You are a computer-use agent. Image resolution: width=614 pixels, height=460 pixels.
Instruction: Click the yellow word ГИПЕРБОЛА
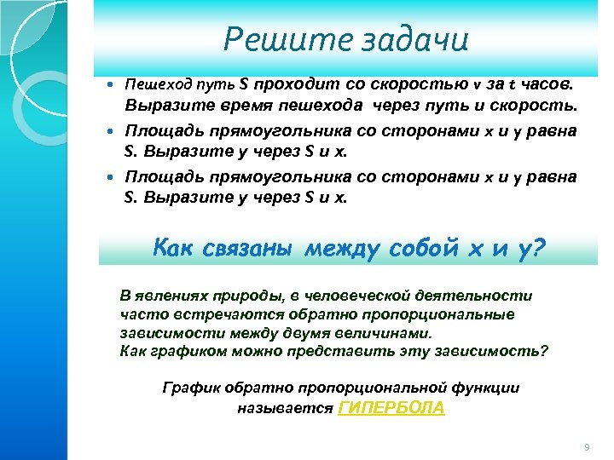pyautogui.click(x=391, y=408)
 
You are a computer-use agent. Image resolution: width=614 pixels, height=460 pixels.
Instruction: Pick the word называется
pyautogui.click(x=285, y=408)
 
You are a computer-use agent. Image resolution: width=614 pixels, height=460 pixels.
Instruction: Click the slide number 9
pyautogui.click(x=586, y=447)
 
